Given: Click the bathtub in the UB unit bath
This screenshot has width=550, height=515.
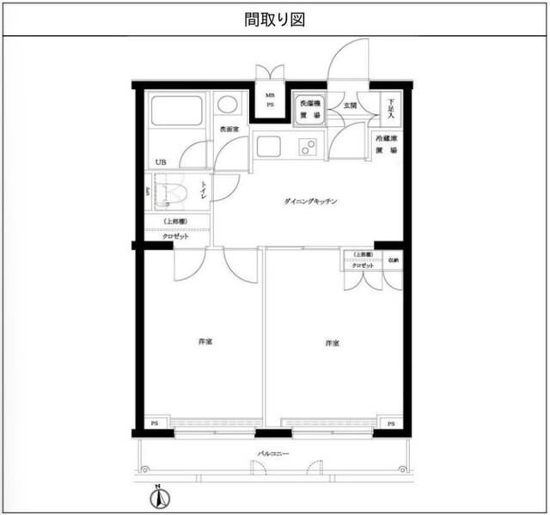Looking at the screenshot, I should pos(176,112).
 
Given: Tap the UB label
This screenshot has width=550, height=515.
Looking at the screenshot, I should pos(160,162).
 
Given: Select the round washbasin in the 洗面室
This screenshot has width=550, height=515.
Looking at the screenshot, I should pos(228,105).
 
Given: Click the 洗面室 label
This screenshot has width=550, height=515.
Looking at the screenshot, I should pos(228,130).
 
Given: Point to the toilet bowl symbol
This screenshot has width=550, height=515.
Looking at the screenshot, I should pos(172,193).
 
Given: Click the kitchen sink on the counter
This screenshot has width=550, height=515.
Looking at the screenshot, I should pos(268,146).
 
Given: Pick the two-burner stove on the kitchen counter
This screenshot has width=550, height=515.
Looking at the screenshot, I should pos(308,147).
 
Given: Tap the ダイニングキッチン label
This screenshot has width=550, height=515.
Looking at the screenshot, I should pos(310,202).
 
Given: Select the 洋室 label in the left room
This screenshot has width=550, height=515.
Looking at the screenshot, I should pos(205,342).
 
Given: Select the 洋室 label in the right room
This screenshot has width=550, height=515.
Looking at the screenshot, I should pos(333,343).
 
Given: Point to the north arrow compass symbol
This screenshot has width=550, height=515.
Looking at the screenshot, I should pos(158,497).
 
